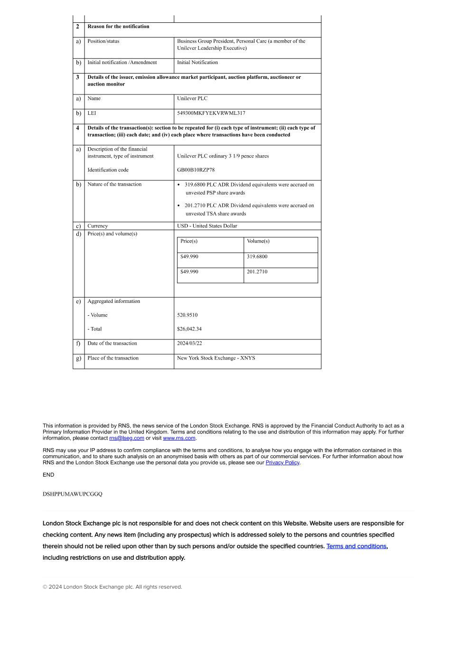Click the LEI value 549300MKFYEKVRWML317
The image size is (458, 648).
click(x=211, y=113)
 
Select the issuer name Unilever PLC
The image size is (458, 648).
click(x=192, y=99)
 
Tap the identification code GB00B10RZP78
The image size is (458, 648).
click(x=196, y=170)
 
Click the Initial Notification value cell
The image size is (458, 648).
click(x=197, y=63)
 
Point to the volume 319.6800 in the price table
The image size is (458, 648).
click(x=257, y=257)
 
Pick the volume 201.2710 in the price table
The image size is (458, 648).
click(x=257, y=272)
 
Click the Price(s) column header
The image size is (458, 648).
click(x=189, y=241)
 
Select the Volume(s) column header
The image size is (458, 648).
click(x=258, y=241)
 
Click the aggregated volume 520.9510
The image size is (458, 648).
click(x=187, y=315)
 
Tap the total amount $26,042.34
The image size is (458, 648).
click(x=189, y=329)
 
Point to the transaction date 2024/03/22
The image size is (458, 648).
click(x=189, y=344)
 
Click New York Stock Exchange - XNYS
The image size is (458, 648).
click(x=216, y=358)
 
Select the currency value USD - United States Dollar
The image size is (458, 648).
click(x=207, y=226)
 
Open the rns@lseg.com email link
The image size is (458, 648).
click(x=127, y=438)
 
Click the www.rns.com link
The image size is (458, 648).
click(x=179, y=438)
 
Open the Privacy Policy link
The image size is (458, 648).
click(x=282, y=463)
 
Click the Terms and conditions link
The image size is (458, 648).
click(x=356, y=546)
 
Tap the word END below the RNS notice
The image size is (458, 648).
click(x=48, y=475)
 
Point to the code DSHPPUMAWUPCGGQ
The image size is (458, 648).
click(x=72, y=494)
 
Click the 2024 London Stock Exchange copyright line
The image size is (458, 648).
click(x=112, y=587)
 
